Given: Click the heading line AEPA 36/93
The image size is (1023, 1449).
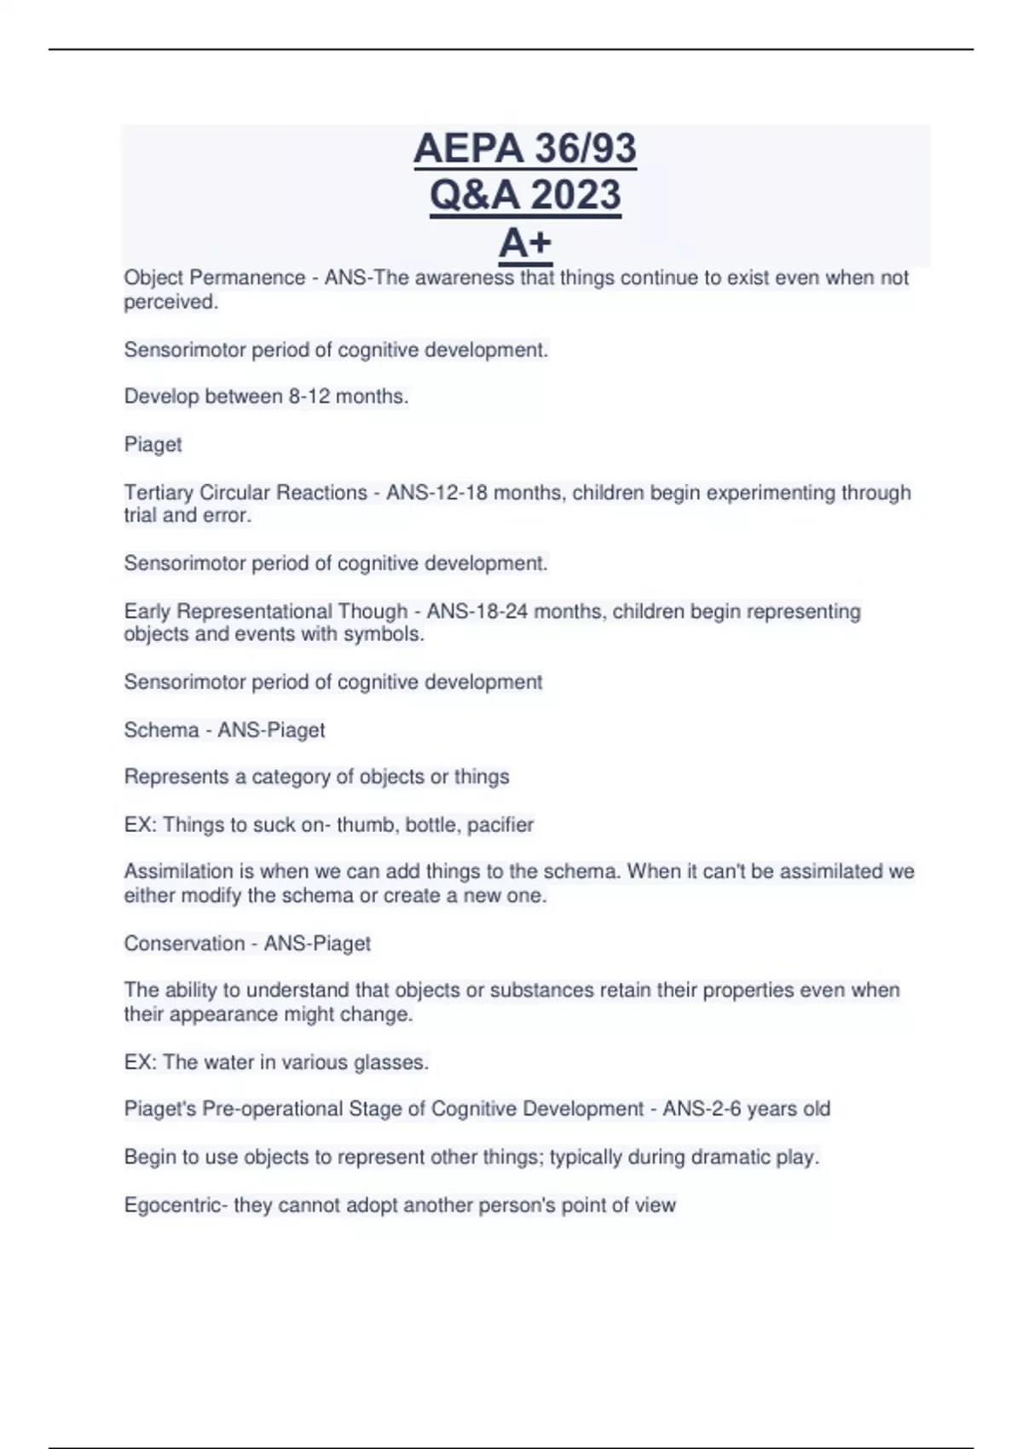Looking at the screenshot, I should coord(525,148).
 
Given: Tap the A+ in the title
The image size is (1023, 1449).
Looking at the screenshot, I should coord(525,243).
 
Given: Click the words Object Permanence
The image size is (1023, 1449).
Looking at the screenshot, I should coord(214,278).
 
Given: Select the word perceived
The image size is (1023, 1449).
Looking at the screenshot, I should coord(170,302).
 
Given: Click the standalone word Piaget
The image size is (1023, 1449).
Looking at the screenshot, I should coord(153,444).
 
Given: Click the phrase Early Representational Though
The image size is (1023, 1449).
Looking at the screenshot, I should coord(265,611).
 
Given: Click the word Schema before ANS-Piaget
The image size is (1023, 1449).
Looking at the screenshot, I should coord(161,730).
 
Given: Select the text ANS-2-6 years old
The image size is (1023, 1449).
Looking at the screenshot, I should coord(746,1109).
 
